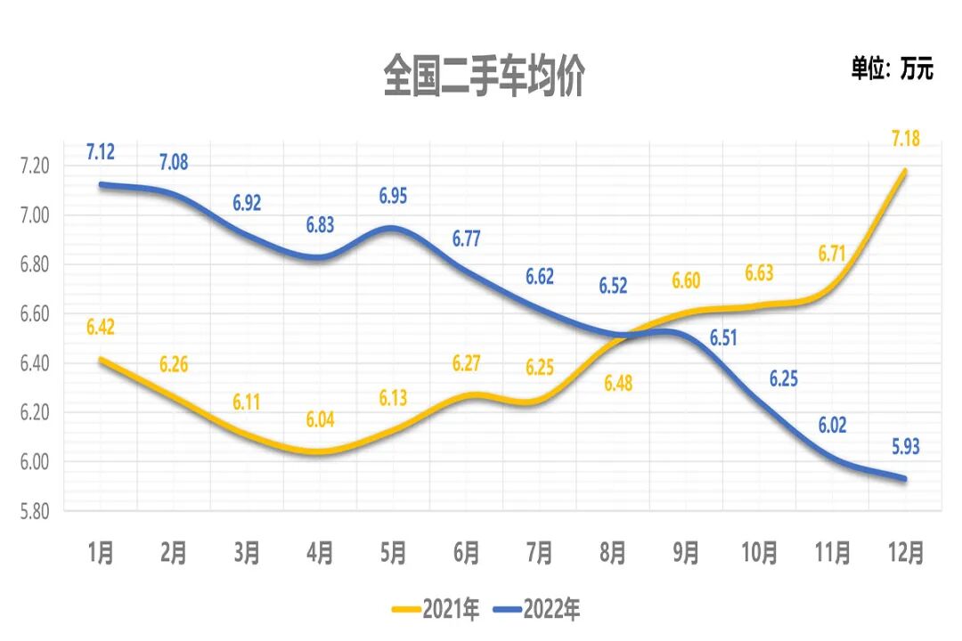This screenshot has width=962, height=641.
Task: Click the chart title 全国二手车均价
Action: [x=483, y=77]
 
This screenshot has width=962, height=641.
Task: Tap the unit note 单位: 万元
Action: [x=892, y=69]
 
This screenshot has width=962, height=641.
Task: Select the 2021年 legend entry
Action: [x=437, y=610]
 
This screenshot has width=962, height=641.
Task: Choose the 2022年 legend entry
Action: [x=538, y=610]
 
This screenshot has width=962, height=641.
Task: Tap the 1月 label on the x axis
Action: [x=101, y=554]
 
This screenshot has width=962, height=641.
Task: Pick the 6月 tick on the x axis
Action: [x=466, y=554]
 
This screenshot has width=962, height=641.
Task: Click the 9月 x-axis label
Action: [x=685, y=554]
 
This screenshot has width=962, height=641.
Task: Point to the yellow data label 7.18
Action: [x=905, y=139]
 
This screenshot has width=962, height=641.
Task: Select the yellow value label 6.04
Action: [x=320, y=420]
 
